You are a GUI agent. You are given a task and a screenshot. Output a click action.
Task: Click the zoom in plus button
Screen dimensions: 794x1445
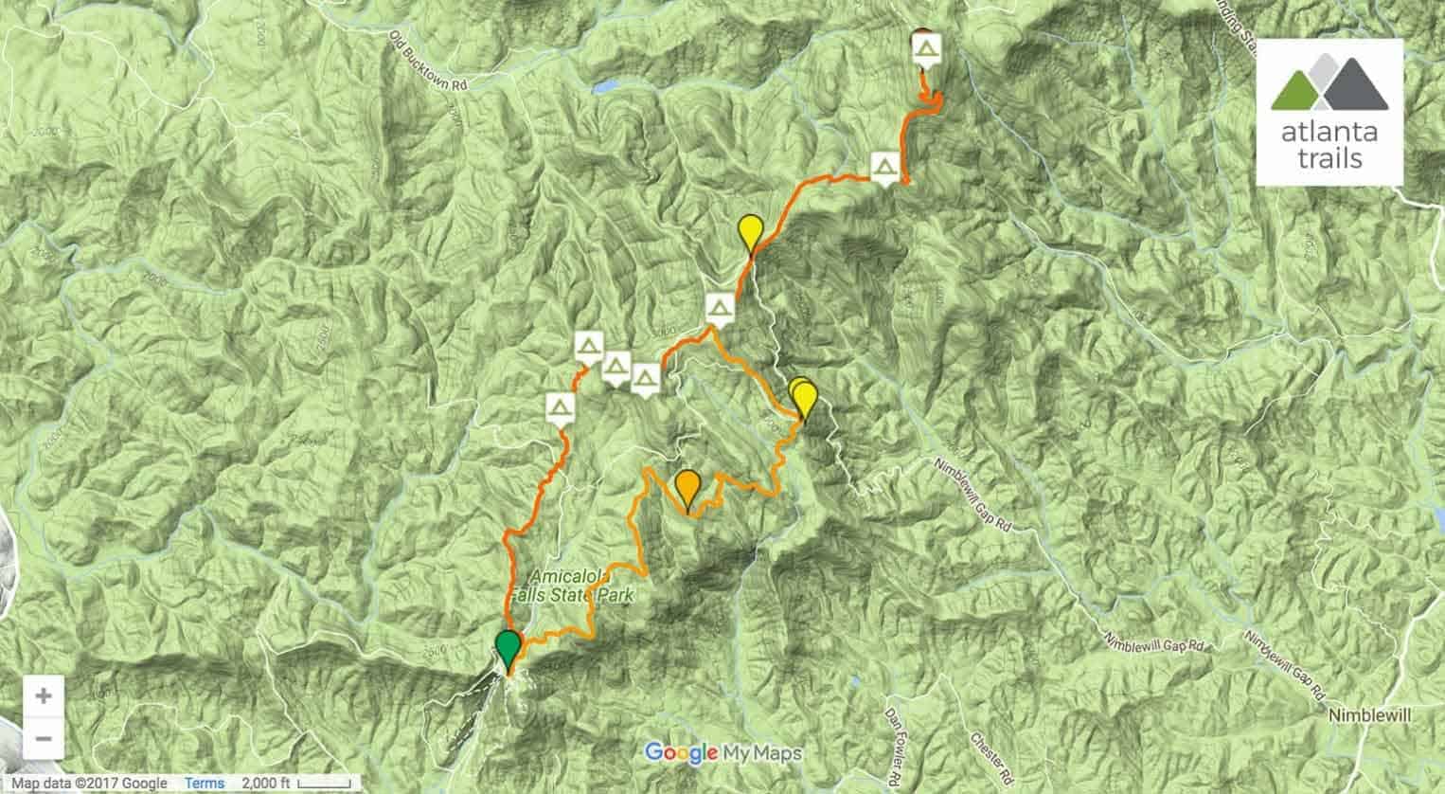pos(43,696)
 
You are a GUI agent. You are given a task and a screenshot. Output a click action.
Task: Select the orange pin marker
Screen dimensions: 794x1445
pos(687,488)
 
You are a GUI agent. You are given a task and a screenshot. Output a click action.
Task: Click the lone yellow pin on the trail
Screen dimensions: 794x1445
pos(750,232)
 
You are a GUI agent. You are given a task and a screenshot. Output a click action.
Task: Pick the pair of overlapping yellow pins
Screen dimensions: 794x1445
pos(802,397)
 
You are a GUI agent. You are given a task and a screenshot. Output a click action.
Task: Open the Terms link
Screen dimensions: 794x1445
pos(205,783)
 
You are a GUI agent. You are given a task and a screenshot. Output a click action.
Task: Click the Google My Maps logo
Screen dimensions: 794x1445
pos(723,753)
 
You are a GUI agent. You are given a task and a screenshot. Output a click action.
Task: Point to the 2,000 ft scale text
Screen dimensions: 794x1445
pos(268,783)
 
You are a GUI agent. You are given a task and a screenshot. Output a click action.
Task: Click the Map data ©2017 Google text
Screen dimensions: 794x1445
pos(89,783)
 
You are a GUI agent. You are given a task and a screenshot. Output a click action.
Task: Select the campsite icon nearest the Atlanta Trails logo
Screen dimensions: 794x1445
pos(926,48)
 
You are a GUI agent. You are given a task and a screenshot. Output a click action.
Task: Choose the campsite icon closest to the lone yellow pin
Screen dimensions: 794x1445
pos(720,308)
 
